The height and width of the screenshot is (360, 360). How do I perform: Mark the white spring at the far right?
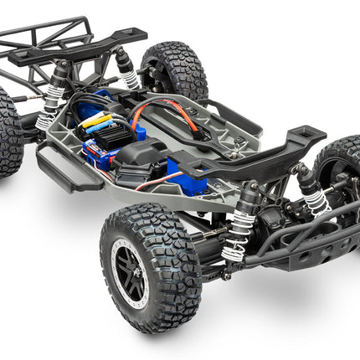click(x=316, y=202)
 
